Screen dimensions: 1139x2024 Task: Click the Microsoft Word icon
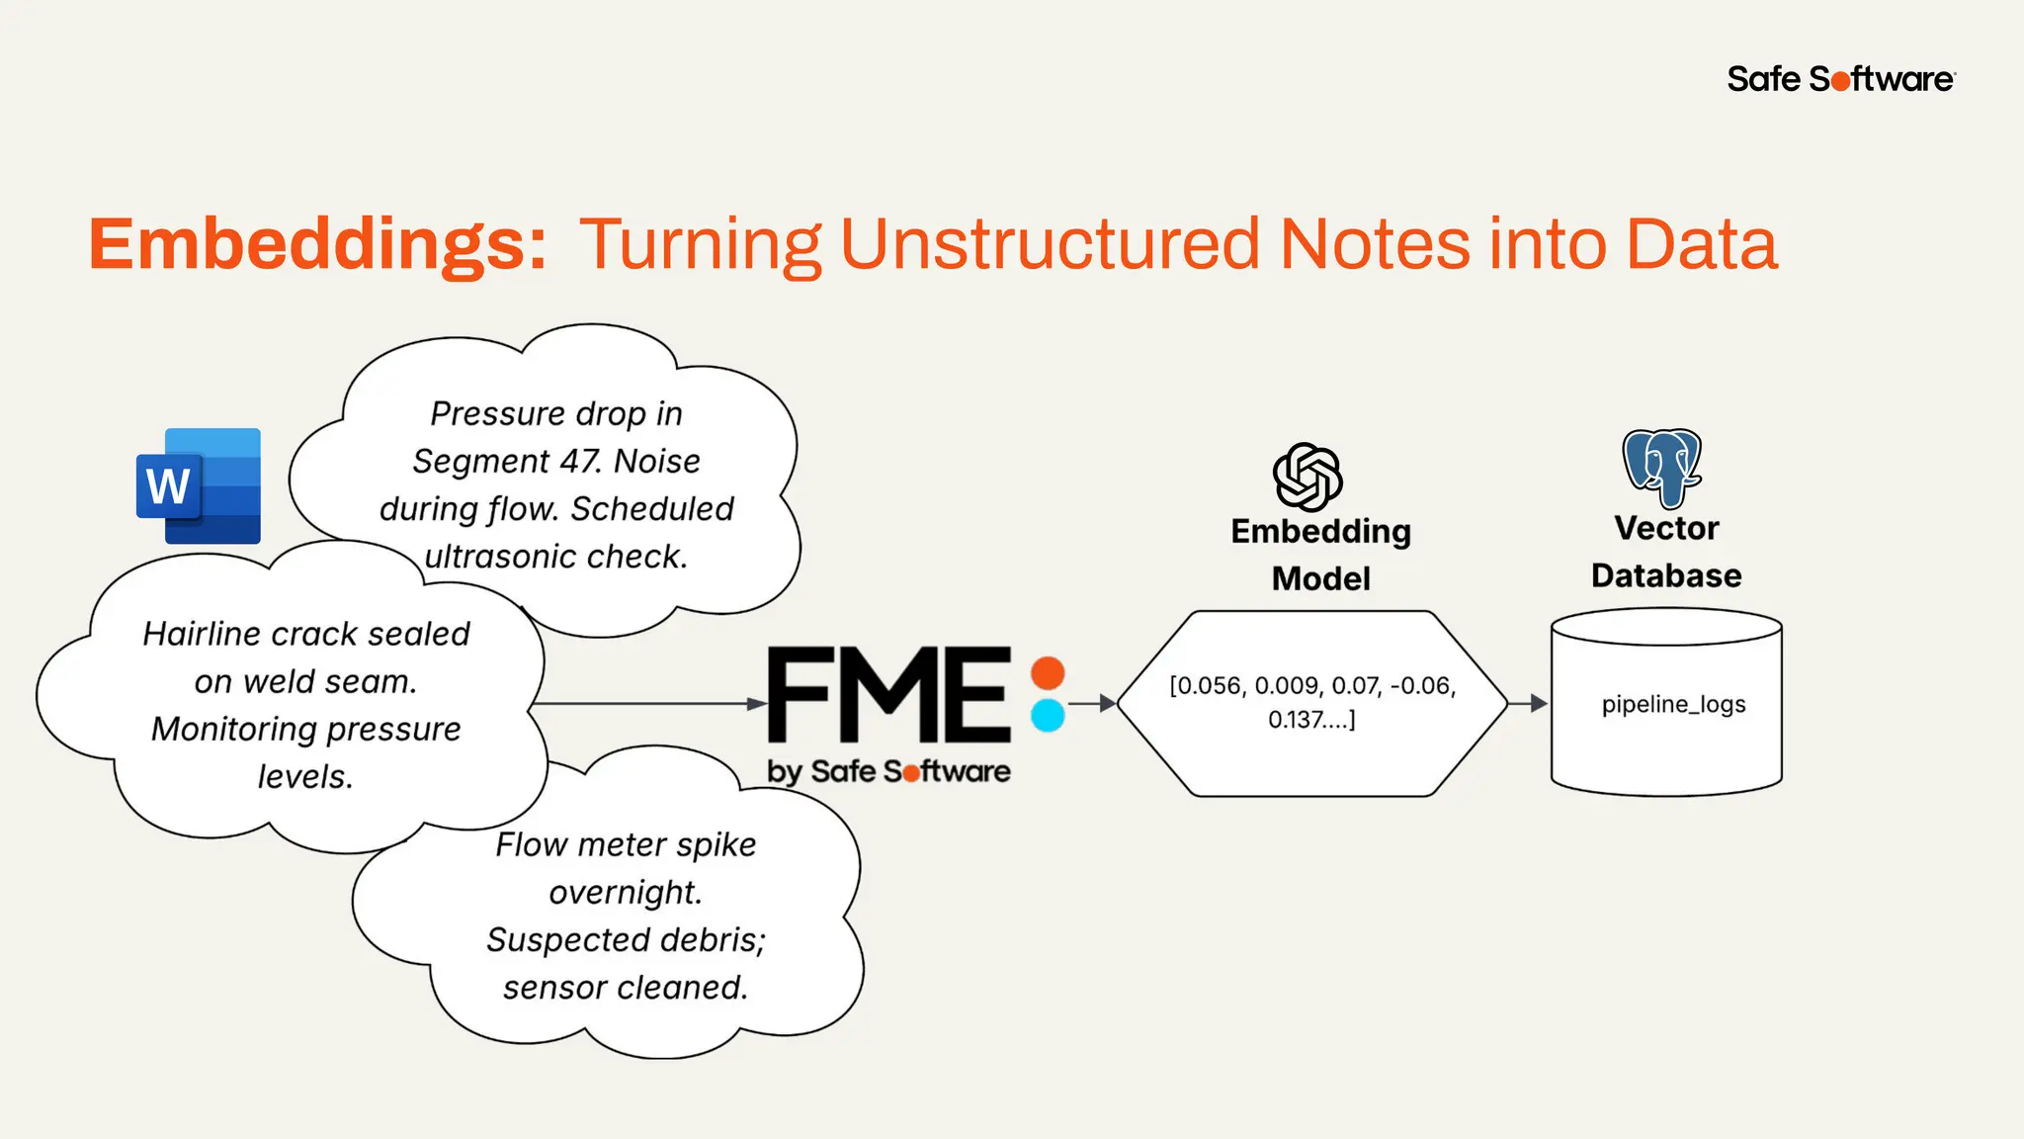(x=199, y=485)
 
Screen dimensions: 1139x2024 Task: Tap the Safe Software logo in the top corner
(x=1840, y=79)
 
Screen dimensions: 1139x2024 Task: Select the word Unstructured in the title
(x=1050, y=244)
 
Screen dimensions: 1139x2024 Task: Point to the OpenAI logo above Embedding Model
(x=1307, y=477)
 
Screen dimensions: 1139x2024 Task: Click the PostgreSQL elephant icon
(x=1662, y=467)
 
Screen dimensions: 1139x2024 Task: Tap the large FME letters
(x=888, y=695)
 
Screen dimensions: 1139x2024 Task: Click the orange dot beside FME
(x=1048, y=673)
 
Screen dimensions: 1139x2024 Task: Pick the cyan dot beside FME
(x=1048, y=715)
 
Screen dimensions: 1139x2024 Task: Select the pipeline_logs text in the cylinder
(x=1673, y=704)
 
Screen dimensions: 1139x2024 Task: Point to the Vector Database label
(x=1666, y=552)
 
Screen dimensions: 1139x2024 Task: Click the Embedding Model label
(x=1320, y=555)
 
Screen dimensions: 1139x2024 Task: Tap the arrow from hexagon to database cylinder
(x=1528, y=703)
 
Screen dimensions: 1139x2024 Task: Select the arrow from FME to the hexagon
(x=1092, y=703)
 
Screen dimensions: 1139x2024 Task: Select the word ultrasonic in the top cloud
(x=500, y=557)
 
